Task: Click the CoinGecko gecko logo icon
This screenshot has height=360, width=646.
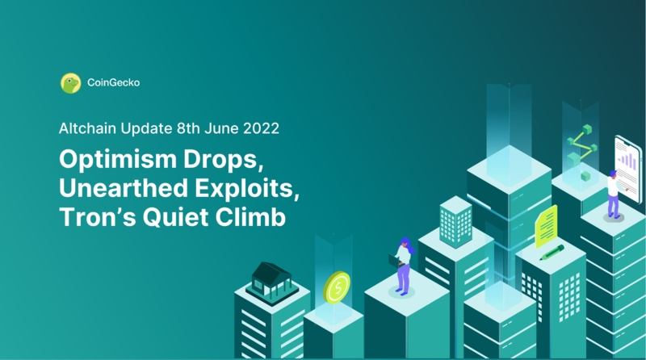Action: [x=70, y=82]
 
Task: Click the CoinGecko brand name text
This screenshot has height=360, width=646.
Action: [x=112, y=82]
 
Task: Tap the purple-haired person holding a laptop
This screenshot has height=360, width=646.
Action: [x=401, y=265]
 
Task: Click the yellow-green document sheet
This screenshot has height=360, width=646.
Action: [x=547, y=225]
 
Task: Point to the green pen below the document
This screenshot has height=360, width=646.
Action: [x=552, y=253]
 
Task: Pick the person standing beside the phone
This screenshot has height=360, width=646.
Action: [x=612, y=194]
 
